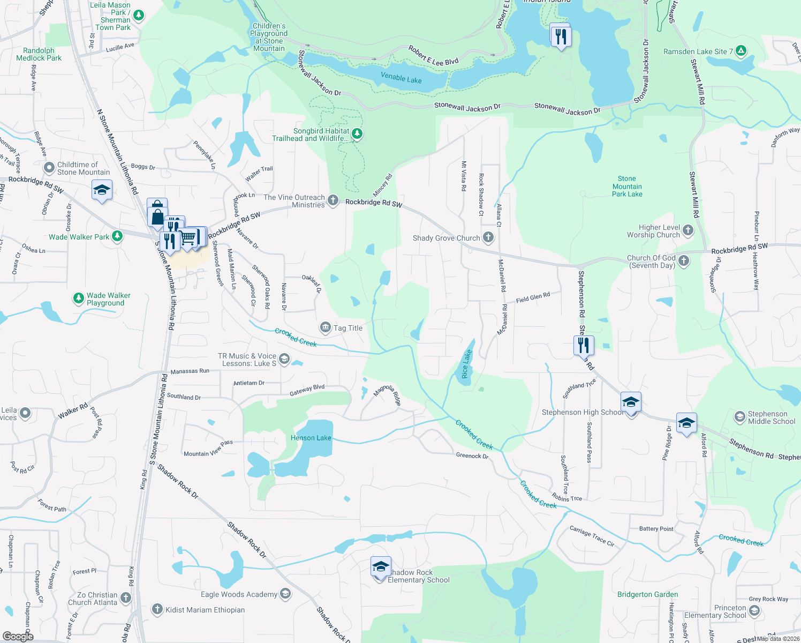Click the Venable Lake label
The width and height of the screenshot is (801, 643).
(401, 78)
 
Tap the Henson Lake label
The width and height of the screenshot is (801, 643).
(311, 438)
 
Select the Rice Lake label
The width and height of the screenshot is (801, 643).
(466, 364)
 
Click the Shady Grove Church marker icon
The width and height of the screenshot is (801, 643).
(488, 237)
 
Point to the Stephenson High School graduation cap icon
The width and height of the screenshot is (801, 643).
(631, 402)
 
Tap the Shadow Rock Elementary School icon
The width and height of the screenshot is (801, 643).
(380, 567)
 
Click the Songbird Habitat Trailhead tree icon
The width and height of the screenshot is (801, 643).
(357, 133)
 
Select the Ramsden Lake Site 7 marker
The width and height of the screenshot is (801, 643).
(740, 51)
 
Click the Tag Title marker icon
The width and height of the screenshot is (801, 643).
(325, 327)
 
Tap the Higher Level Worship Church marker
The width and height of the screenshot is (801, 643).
(688, 230)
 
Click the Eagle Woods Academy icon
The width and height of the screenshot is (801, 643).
(285, 593)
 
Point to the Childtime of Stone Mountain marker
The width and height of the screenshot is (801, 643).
(49, 168)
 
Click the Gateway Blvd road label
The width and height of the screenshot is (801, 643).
(307, 390)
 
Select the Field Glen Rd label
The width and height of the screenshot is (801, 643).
(533, 298)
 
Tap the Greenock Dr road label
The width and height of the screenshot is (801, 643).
(472, 456)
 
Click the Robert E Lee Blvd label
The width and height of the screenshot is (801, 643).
(434, 55)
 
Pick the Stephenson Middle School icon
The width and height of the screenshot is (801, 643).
(739, 416)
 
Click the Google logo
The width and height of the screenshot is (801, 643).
(18, 636)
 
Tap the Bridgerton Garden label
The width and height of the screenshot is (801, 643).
(647, 594)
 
